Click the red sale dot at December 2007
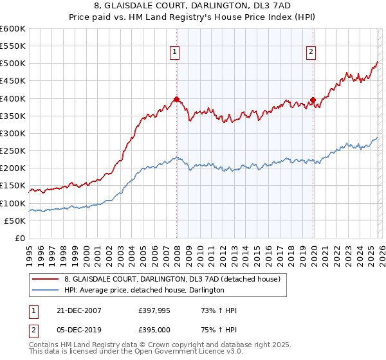coord(176,100)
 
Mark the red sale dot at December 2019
coord(313,100)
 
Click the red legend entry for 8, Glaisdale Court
coord(172,280)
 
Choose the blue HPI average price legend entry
coord(143,291)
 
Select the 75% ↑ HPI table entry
coord(218,329)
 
